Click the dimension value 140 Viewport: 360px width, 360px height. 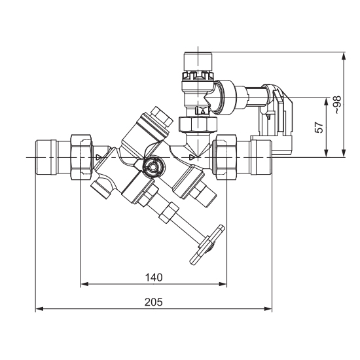(x=154, y=278)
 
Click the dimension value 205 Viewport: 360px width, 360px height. (x=154, y=302)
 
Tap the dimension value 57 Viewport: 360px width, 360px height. (x=319, y=128)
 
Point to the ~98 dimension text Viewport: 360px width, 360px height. (x=337, y=105)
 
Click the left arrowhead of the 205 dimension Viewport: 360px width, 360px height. (x=40, y=309)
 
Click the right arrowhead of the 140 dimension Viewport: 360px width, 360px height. (x=223, y=284)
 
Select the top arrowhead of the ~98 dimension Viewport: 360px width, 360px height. (x=344, y=56)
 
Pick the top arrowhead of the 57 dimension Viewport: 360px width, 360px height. (x=326, y=101)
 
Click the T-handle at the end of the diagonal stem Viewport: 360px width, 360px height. (x=207, y=245)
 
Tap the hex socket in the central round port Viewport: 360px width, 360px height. (x=152, y=167)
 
